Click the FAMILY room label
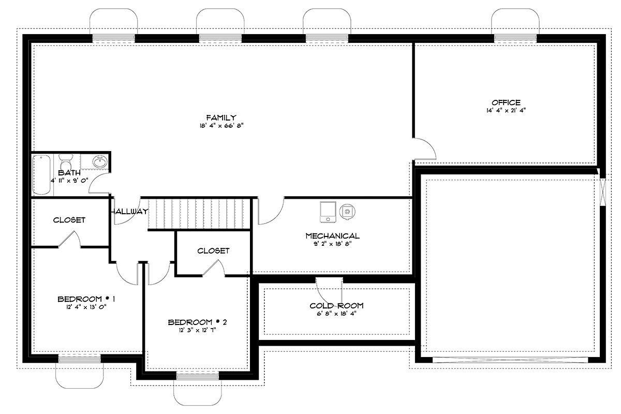(221, 117)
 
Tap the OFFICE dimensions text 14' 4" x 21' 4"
(506, 110)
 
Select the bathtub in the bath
(42, 175)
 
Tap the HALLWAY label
(129, 211)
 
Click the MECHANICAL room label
(332, 236)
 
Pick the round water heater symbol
(347, 211)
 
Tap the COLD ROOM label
(336, 305)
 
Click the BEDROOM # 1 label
(86, 299)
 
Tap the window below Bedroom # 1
(79, 359)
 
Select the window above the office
(515, 37)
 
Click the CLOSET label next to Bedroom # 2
(213, 250)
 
